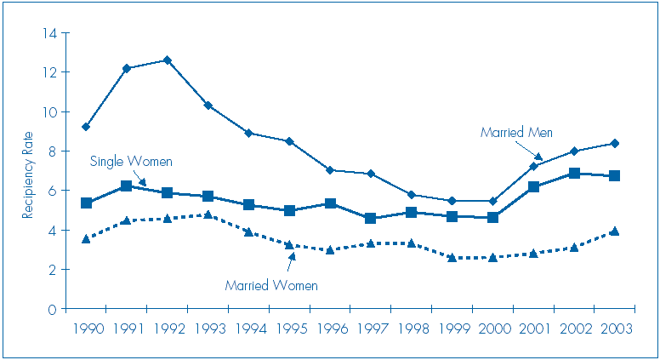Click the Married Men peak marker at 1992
click(x=167, y=60)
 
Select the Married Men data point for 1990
click(x=86, y=127)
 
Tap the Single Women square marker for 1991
click(x=127, y=186)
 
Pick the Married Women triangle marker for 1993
click(x=208, y=214)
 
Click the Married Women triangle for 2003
click(x=614, y=231)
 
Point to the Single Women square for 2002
click(x=574, y=174)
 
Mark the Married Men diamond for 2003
click(x=614, y=143)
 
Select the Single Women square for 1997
click(x=370, y=219)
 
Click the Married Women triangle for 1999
click(x=452, y=257)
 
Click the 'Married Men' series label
click(x=516, y=133)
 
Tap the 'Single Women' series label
click(x=131, y=162)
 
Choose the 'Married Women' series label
click(x=271, y=286)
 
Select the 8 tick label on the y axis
click(x=52, y=151)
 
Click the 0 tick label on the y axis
click(x=52, y=309)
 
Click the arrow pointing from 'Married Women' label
click(x=290, y=260)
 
